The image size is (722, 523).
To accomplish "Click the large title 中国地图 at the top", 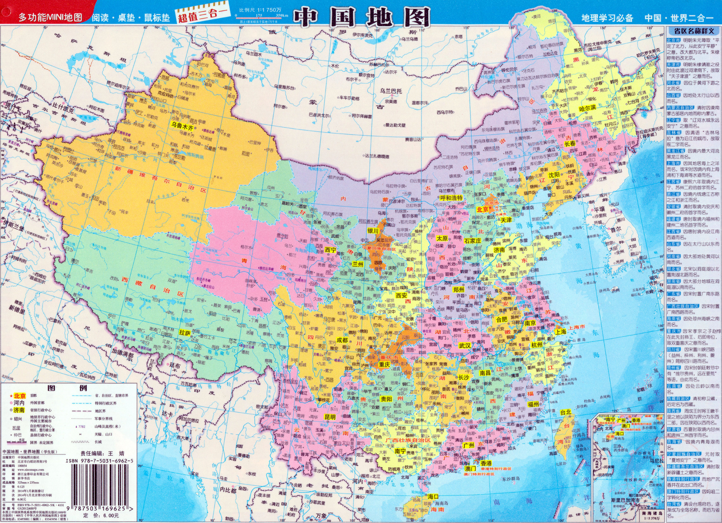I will [x=362, y=17].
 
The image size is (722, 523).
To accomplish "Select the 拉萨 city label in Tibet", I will [x=185, y=333].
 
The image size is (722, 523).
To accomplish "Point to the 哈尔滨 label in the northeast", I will [x=588, y=108].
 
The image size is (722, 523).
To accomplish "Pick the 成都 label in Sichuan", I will [x=342, y=340].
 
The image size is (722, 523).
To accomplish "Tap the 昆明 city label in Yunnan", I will [x=330, y=417].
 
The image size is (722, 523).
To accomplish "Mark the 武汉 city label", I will [x=465, y=346].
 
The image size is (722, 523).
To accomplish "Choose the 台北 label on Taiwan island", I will [x=566, y=412].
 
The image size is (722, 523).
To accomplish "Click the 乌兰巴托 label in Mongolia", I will [x=391, y=91].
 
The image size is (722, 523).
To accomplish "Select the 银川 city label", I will [x=373, y=231].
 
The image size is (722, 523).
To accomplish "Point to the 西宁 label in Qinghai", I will [x=330, y=250].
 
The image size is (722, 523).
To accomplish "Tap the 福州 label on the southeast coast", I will [x=533, y=404].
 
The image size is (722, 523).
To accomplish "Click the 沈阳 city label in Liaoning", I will [x=554, y=175].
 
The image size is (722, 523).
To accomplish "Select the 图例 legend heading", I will [x=68, y=388].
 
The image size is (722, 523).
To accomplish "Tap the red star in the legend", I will [x=11, y=396].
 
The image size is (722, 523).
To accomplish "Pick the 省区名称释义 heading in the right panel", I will [x=693, y=31].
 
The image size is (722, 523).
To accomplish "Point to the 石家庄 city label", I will [x=472, y=241].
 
